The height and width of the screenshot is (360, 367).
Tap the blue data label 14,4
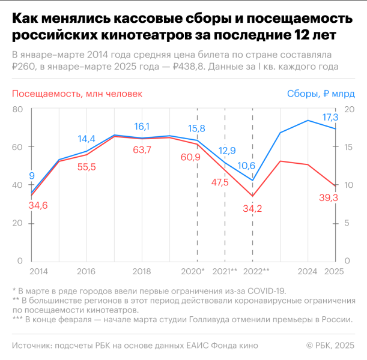tap(86, 139)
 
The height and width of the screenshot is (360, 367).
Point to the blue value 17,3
tap(330, 117)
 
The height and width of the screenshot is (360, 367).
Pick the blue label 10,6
tap(246, 166)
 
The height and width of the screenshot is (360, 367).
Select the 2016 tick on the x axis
tap(86, 271)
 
